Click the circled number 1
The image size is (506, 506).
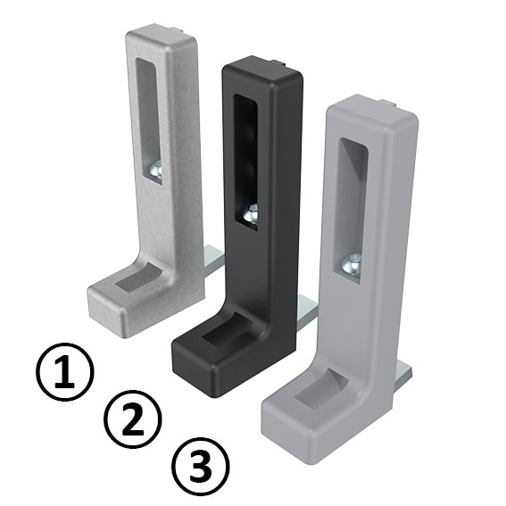coord(63,375)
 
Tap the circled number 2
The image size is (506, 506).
coord(132,419)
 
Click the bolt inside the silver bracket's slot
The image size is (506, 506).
coord(155,168)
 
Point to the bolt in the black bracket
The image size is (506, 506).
coord(252,214)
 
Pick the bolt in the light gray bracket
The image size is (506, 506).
coord(354,263)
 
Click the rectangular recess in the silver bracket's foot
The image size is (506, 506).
coord(136,280)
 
